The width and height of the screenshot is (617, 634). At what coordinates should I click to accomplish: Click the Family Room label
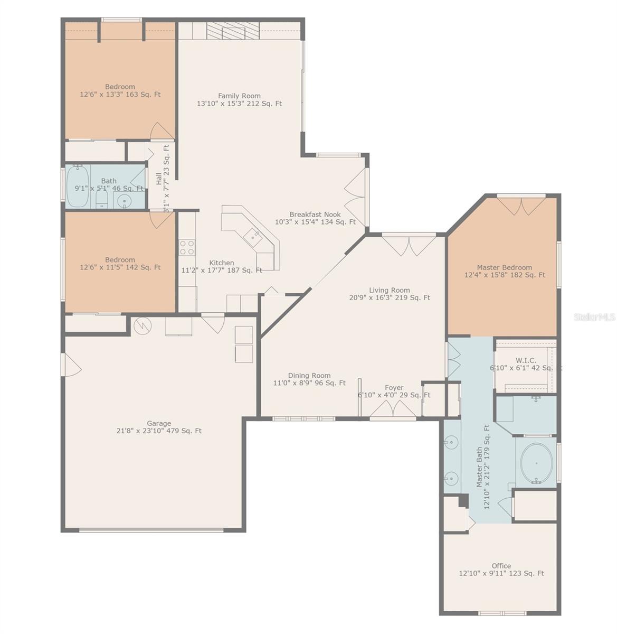(239, 96)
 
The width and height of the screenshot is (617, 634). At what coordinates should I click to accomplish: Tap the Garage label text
(159, 423)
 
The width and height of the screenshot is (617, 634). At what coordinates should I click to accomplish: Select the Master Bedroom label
(504, 267)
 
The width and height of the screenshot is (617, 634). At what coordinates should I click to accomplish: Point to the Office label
(501, 565)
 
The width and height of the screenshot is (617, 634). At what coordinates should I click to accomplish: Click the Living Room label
(389, 290)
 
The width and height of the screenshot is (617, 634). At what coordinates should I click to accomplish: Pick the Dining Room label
(309, 376)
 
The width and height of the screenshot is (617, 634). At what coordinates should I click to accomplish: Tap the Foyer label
(394, 388)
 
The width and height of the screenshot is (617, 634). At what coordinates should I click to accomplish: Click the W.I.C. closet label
(526, 360)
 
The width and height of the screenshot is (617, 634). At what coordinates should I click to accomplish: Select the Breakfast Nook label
(315, 215)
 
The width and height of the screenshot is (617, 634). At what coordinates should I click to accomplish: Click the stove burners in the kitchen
(187, 247)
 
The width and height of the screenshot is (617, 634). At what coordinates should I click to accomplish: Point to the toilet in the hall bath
(102, 199)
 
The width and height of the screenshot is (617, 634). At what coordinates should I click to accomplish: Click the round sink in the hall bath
(124, 201)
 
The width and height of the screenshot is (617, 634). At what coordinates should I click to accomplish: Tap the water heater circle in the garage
(141, 326)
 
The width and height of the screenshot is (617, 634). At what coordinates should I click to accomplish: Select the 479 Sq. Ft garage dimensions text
(159, 431)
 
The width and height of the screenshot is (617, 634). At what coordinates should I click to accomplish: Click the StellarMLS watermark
(594, 317)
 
